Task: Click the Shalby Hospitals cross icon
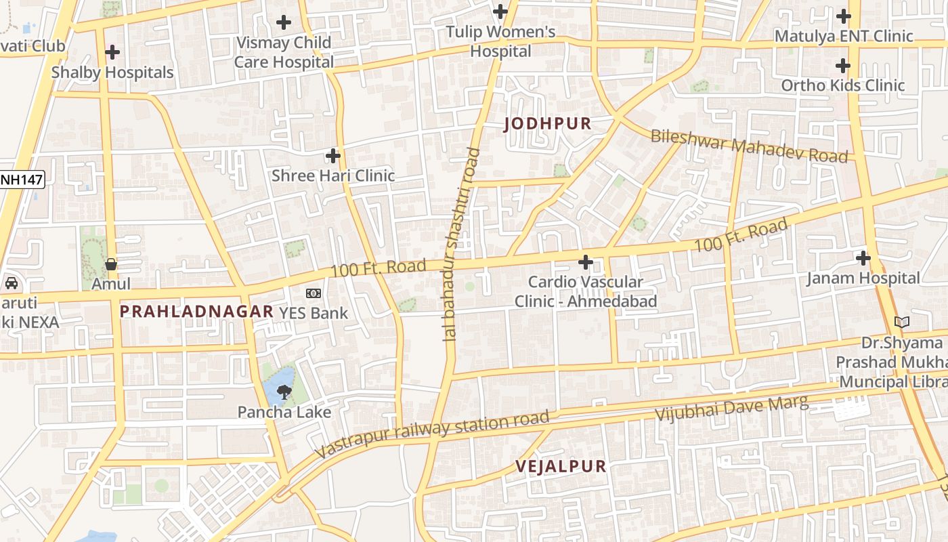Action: (112, 51)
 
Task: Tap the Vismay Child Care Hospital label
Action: (284, 52)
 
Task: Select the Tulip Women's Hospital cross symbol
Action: (500, 12)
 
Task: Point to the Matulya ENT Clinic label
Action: (844, 36)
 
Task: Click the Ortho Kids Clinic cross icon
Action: (843, 66)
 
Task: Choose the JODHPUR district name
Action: (548, 124)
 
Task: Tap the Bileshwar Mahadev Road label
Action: (749, 146)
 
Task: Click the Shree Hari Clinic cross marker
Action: (333, 156)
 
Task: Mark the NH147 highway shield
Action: (22, 180)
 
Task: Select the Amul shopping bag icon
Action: (112, 264)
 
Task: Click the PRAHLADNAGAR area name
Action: (196, 312)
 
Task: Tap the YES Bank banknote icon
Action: (314, 293)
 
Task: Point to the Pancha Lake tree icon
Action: (284, 390)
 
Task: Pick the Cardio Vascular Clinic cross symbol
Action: (586, 262)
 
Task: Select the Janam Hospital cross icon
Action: (863, 257)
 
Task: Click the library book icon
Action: (901, 322)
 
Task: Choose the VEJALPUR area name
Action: (561, 466)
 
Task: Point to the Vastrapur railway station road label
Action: (432, 434)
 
